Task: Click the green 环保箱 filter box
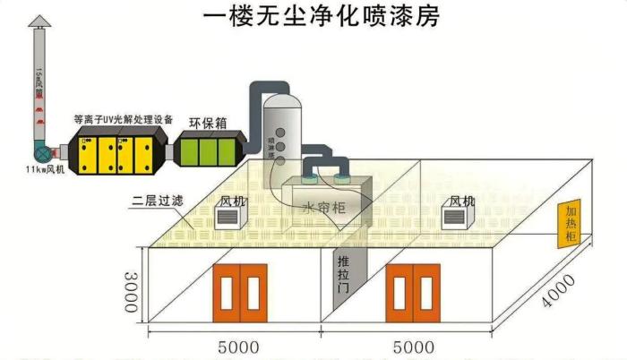point(208,148)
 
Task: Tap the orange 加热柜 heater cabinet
point(569,223)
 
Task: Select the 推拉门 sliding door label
point(343,275)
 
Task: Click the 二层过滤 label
point(158,201)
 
